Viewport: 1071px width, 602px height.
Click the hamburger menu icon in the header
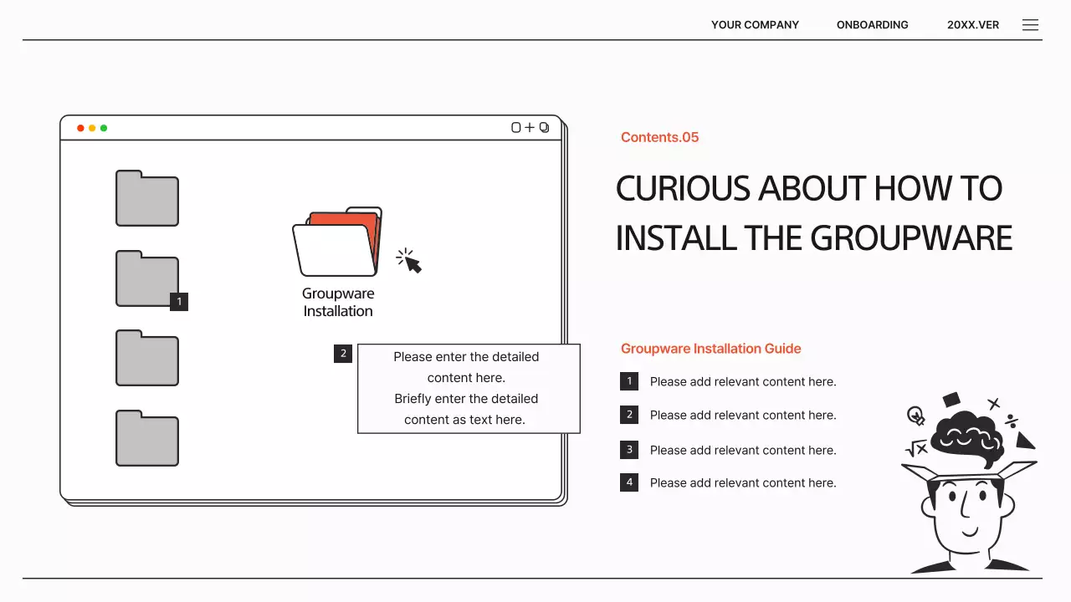1030,25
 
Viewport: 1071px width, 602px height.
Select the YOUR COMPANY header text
755,25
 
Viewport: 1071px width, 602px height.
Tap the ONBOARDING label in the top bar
872,25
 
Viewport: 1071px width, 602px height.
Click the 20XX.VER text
973,25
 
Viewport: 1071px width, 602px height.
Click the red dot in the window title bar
80,128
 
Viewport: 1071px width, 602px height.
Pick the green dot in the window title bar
104,128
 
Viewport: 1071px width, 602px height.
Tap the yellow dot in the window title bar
92,128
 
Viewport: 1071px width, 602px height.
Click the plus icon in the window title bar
530,128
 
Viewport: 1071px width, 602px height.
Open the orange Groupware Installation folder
337,242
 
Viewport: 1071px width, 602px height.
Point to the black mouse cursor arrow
413,263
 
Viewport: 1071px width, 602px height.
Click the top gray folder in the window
147,198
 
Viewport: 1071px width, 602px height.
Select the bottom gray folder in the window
147,438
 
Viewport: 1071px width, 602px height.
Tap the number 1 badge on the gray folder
179,302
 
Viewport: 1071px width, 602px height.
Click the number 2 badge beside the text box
343,354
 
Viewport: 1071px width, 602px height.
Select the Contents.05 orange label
660,138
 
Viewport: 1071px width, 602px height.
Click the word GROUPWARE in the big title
911,238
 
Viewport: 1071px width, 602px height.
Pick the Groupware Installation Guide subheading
711,349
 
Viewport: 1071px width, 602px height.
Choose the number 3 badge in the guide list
629,450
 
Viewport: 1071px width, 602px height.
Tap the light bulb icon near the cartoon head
915,416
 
